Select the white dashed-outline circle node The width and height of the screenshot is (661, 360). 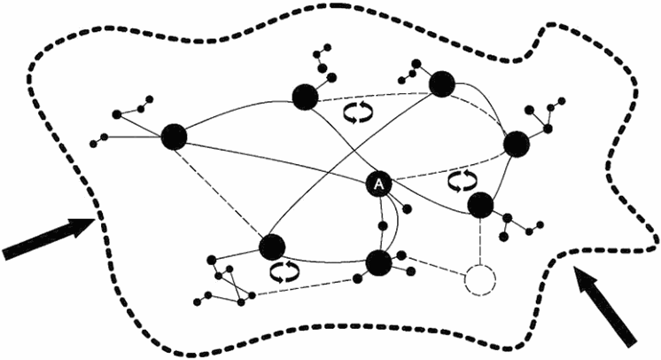point(479,280)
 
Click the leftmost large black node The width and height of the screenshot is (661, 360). point(174,137)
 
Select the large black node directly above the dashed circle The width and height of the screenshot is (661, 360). point(480,205)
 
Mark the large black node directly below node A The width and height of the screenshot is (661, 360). point(378,262)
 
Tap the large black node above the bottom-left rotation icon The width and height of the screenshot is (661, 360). point(272,246)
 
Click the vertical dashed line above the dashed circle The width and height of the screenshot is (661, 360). point(479,239)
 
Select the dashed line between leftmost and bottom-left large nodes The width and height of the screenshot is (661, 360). point(222,191)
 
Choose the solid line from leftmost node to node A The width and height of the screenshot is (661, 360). point(275,160)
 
